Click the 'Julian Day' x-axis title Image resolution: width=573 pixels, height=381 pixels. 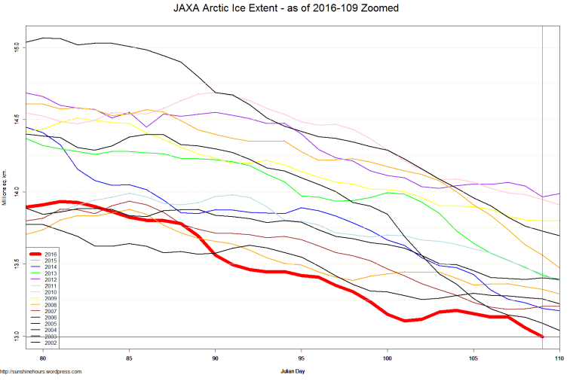pyautogui.click(x=294, y=371)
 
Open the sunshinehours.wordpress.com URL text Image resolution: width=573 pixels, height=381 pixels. pyautogui.click(x=41, y=371)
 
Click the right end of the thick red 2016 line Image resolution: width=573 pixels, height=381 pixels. pyautogui.click(x=542, y=336)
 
